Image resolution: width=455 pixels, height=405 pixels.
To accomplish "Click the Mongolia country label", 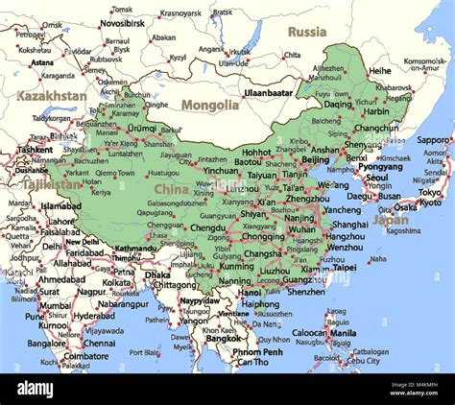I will (x=210, y=105).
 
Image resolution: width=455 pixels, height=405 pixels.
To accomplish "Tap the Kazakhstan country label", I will (x=51, y=96).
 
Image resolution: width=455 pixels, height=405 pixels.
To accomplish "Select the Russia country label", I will (x=307, y=32).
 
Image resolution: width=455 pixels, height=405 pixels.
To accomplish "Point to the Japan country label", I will (x=391, y=219).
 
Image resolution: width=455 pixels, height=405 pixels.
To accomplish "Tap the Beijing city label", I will (x=315, y=159).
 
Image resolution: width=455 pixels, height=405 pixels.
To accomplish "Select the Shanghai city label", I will (x=349, y=225).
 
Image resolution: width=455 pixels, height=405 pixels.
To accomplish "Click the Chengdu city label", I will (x=208, y=228).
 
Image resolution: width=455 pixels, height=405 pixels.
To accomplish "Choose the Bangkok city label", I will (x=223, y=338).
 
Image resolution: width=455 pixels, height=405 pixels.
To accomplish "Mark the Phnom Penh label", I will (x=257, y=351).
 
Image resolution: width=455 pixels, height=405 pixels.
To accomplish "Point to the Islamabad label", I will (x=60, y=205).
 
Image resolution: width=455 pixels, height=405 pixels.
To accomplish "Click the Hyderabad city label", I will (x=94, y=315).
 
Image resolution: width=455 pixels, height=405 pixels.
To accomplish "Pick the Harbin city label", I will (x=377, y=110).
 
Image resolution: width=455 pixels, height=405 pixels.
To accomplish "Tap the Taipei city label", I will (x=343, y=269).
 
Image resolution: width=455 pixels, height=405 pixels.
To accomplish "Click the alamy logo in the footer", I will (x=48, y=389).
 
